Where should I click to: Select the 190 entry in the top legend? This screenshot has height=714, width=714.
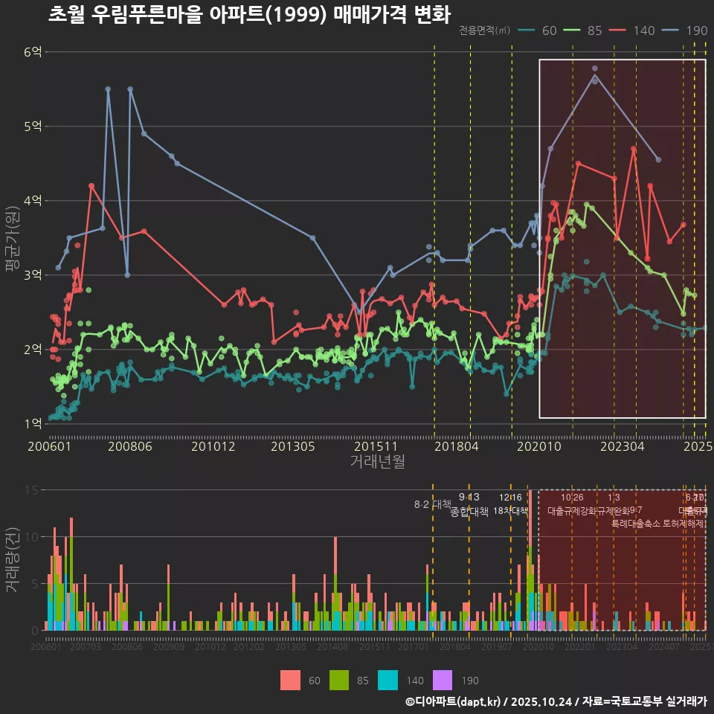click(697, 30)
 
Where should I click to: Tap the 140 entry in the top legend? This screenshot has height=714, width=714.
click(644, 30)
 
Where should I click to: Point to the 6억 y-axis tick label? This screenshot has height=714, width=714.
click(33, 52)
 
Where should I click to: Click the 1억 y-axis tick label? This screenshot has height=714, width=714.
click(33, 424)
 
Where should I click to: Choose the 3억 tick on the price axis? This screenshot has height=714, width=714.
click(33, 275)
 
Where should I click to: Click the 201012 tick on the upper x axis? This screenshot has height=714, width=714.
click(213, 447)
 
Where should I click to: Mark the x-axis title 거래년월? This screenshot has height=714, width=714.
click(377, 462)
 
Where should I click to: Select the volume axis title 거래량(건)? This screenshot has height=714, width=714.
click(13, 560)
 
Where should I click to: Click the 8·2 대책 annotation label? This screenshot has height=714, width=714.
click(432, 504)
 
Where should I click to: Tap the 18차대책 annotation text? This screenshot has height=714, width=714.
click(510, 511)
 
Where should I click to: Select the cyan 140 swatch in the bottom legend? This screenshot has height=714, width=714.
click(388, 680)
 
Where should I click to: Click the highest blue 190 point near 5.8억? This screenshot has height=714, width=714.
click(595, 68)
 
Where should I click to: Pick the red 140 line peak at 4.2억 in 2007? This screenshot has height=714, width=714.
click(91, 186)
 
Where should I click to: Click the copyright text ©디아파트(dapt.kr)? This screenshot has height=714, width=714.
click(454, 701)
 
